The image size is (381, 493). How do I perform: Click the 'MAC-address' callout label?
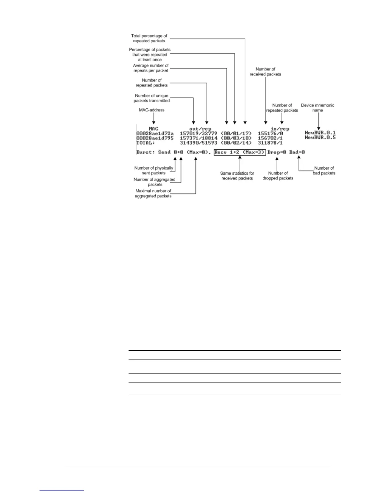pos(152,110)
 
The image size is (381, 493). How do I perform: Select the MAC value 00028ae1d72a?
pos(155,133)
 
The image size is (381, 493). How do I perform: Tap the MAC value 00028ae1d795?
pos(155,138)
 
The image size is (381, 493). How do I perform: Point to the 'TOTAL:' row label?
pos(145,143)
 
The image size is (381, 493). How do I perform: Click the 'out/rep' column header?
pos(200,129)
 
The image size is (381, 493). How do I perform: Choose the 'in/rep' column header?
pos(280,129)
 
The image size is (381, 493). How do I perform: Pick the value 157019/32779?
pos(198,133)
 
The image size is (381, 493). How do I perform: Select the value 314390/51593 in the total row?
pos(198,143)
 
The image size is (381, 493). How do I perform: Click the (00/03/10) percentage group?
pos(236,138)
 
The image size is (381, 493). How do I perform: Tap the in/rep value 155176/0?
pos(270,133)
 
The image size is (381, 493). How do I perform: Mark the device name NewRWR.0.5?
pos(320,138)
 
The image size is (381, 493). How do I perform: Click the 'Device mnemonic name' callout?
pos(317,108)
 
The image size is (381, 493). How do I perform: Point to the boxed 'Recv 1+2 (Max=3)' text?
pos(240,152)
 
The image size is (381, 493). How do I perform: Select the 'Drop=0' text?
pos(276,152)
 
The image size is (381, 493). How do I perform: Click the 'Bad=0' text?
pos(297,152)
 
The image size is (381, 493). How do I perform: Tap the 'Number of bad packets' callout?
pos(324,171)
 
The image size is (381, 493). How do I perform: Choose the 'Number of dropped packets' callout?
pos(278,176)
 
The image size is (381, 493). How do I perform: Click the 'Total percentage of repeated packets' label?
pos(149,38)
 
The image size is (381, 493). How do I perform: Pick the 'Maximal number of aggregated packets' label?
pos(153,194)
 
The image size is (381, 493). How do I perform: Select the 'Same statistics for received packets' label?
pos(237,176)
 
